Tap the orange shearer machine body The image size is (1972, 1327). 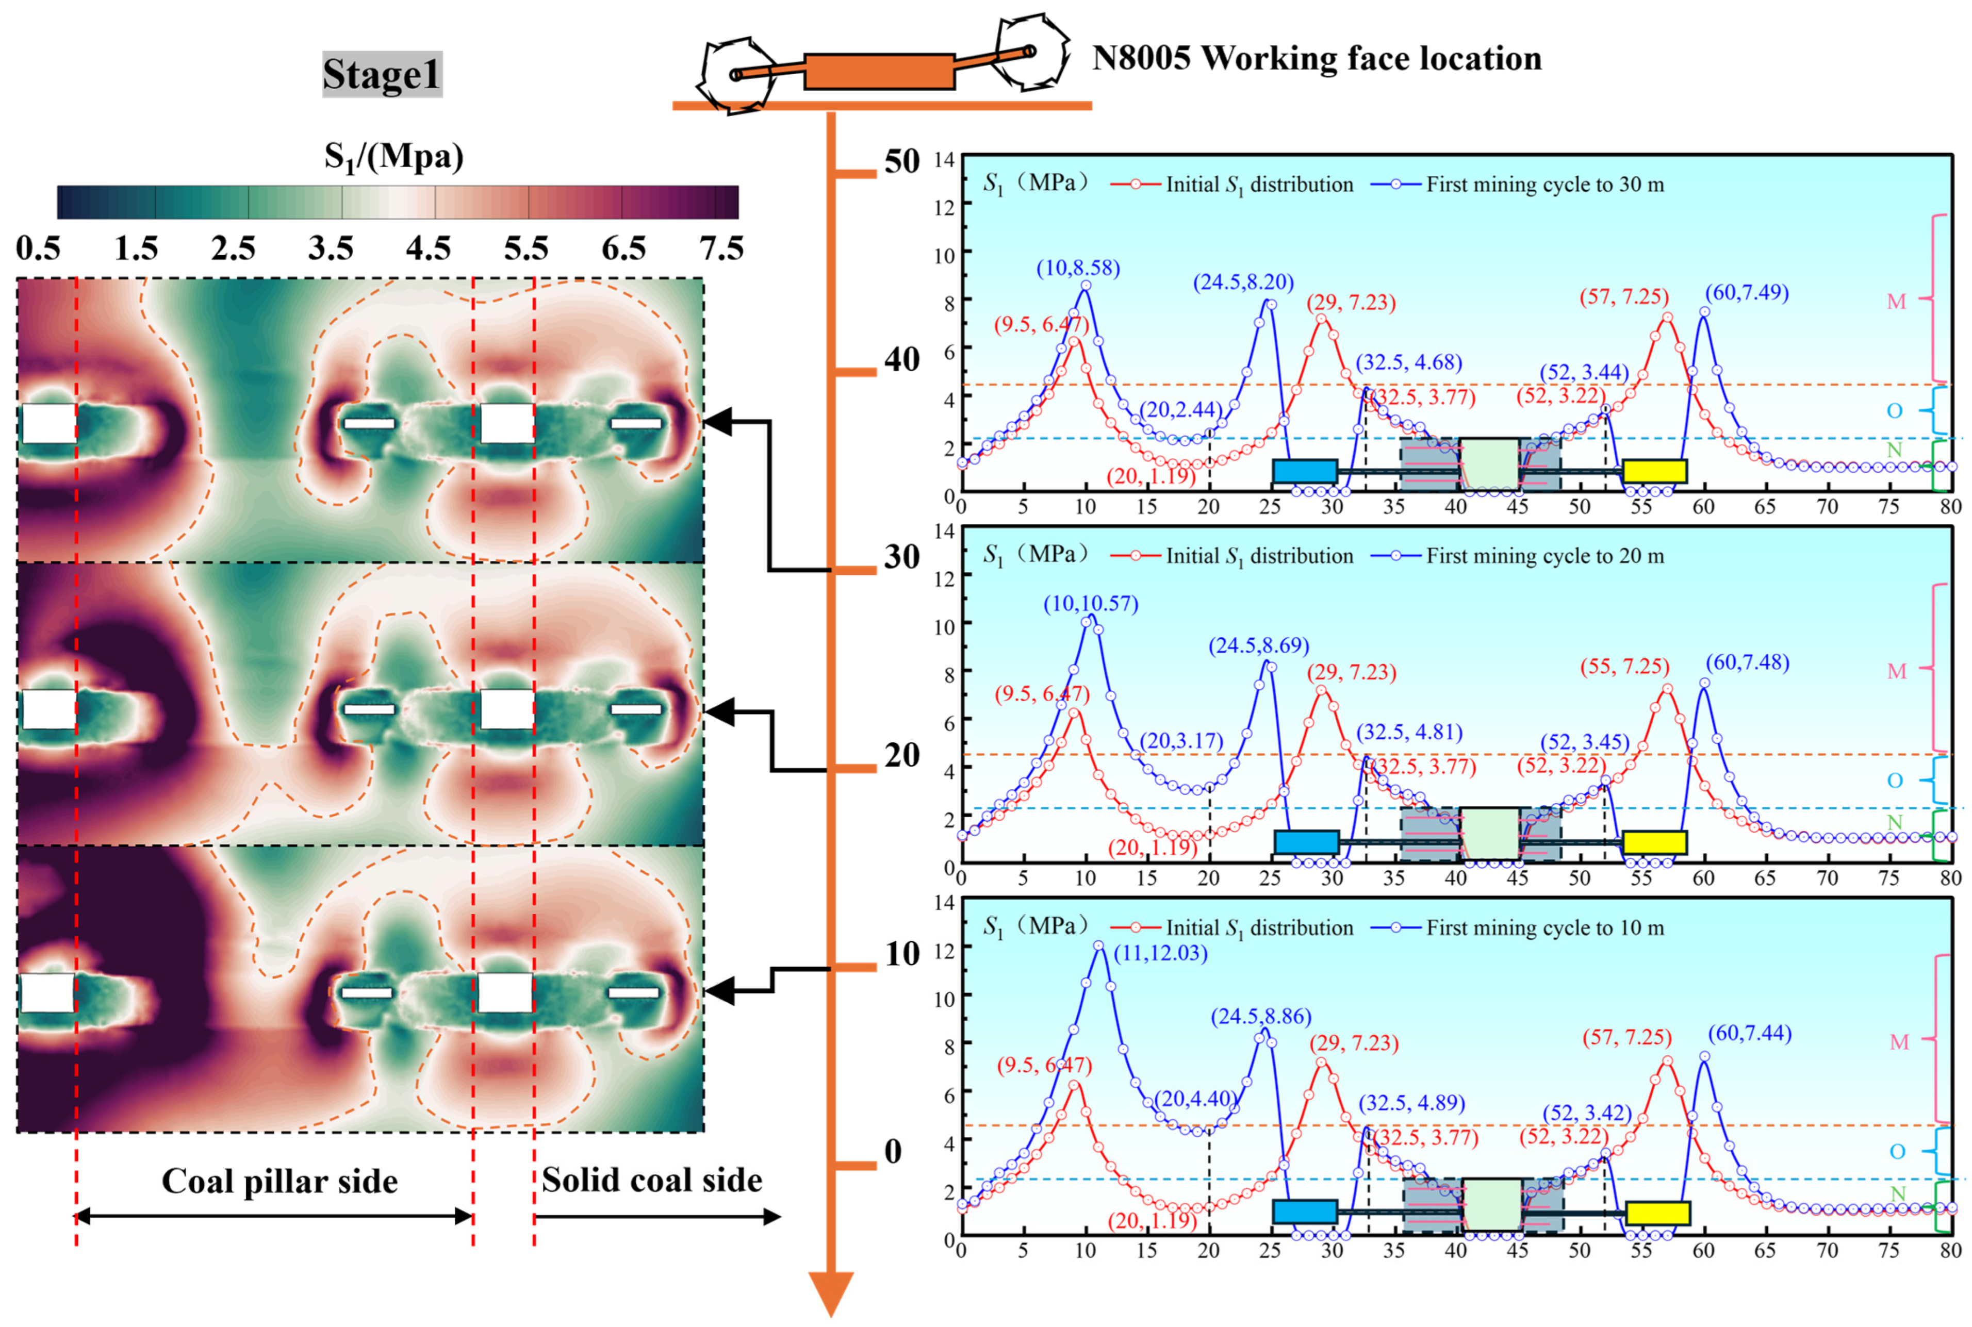pos(879,72)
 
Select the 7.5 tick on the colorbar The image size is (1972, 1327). pos(721,248)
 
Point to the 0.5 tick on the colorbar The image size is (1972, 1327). pos(39,248)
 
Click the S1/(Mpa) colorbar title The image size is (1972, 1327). pos(395,157)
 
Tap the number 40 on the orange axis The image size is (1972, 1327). pos(902,360)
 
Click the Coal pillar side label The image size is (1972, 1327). pos(280,1182)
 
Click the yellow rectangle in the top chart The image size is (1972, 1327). pos(1655,471)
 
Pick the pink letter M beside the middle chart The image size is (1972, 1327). pos(1897,672)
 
